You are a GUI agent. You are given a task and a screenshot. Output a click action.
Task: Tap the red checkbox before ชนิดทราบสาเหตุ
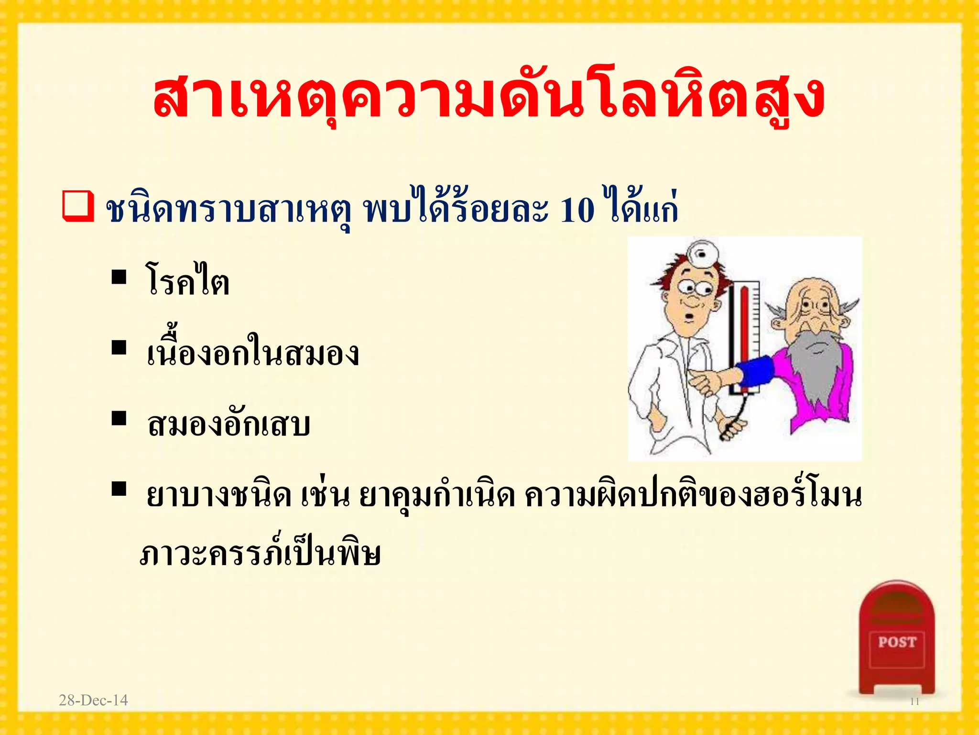click(77, 207)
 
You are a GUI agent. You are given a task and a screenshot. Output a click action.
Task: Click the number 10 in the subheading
click(577, 211)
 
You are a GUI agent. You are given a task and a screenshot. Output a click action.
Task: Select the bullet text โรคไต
click(187, 281)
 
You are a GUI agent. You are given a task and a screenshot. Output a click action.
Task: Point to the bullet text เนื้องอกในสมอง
click(252, 353)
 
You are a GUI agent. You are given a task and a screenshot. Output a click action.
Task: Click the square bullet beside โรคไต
click(119, 277)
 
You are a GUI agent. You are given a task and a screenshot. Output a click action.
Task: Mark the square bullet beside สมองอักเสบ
click(119, 418)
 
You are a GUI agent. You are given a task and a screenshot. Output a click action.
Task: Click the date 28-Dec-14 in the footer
click(93, 701)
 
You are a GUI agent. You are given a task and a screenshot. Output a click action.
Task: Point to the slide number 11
click(914, 702)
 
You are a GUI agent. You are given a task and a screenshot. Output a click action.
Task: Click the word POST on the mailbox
click(897, 642)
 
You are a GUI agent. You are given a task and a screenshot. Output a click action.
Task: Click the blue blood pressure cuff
click(755, 372)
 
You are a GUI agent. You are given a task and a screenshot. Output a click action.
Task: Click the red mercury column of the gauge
click(745, 335)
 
